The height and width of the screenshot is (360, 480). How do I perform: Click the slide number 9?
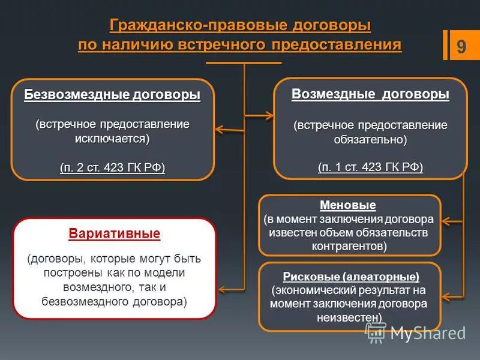(461, 47)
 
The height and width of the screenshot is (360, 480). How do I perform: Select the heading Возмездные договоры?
(370, 94)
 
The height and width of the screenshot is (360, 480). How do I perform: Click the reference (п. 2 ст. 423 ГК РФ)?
(112, 167)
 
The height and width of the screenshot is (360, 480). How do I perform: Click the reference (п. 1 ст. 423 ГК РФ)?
(370, 167)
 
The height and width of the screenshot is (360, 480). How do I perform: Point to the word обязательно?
(370, 139)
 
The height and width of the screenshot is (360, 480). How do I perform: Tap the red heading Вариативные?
(115, 233)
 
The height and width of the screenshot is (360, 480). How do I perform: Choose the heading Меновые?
(348, 205)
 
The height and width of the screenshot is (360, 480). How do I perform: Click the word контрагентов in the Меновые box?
(349, 246)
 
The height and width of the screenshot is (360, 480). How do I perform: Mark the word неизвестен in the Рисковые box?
(349, 317)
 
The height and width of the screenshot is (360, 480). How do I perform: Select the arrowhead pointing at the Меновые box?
(446, 223)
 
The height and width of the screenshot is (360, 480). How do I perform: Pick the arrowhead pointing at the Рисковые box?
(446, 295)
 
